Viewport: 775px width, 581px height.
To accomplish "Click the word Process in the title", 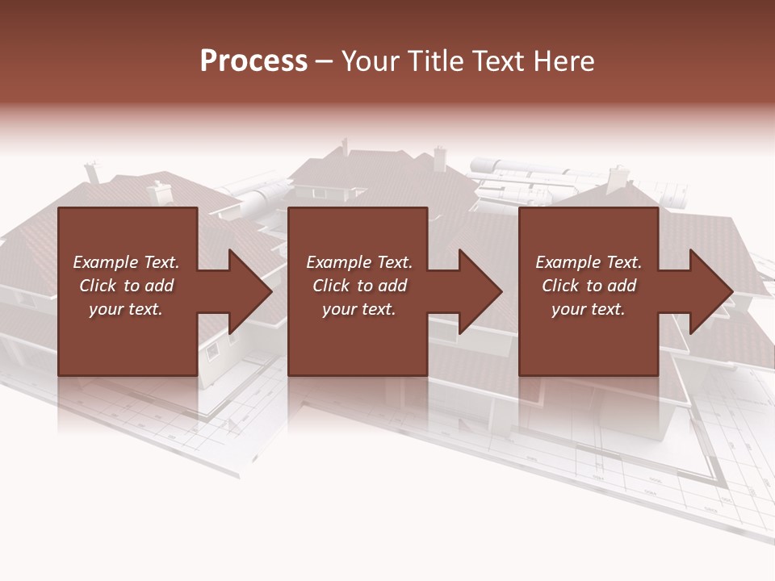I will click(x=253, y=61).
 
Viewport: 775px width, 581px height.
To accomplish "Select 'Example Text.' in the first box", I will click(x=126, y=262).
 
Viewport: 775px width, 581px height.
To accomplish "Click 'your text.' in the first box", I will click(x=126, y=309).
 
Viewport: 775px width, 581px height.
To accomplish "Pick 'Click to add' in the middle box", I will click(x=359, y=286).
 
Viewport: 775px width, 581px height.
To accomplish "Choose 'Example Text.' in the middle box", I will click(x=359, y=262).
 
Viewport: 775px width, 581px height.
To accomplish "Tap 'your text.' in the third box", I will click(x=589, y=309).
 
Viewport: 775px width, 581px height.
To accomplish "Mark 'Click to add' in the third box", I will click(x=589, y=286).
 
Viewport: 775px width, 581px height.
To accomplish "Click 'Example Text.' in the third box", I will click(x=589, y=262).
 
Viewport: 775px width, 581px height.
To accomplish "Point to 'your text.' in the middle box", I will click(x=359, y=309).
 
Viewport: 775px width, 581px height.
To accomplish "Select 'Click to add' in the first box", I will click(x=126, y=286).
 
